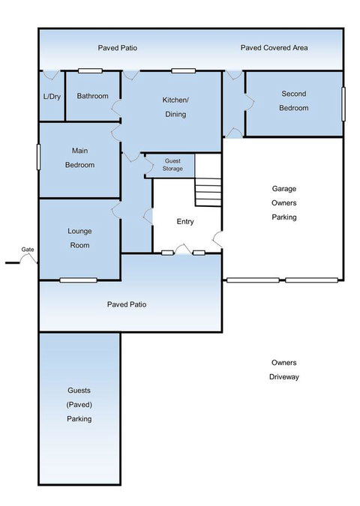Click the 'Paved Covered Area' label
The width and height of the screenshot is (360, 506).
tap(274, 48)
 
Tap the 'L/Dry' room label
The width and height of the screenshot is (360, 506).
tap(51, 96)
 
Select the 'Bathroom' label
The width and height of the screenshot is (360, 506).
tap(93, 96)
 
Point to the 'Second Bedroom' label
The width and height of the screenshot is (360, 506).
tap(294, 100)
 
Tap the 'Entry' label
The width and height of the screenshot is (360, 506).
tap(185, 222)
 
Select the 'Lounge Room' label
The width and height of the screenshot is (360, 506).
tap(79, 238)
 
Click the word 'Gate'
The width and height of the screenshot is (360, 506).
tap(28, 249)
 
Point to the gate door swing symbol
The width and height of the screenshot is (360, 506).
tap(29, 259)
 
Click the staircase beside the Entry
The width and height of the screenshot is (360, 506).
tap(208, 192)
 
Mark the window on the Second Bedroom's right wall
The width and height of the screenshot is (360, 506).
tap(344, 103)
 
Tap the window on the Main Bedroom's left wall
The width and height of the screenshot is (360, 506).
tap(38, 157)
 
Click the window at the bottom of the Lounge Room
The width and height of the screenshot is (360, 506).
tap(79, 280)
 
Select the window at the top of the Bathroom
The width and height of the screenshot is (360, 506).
tap(91, 71)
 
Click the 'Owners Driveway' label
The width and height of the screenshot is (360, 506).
tap(283, 370)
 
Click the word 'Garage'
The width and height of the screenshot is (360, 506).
tap(283, 189)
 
